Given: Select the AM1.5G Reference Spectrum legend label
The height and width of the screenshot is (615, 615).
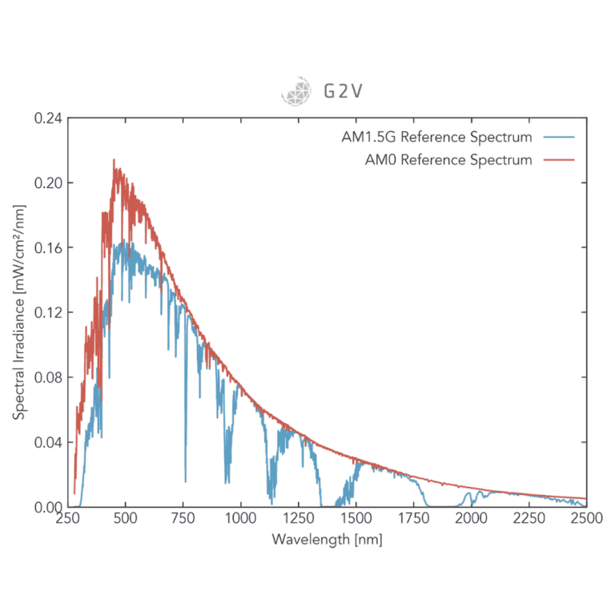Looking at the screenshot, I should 436,137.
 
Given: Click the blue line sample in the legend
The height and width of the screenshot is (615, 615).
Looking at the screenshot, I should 559,137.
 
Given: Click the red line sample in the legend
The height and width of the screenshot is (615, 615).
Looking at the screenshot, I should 559,160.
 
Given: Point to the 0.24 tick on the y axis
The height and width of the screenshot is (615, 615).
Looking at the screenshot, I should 48,118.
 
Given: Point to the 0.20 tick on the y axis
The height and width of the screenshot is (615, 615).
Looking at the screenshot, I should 48,183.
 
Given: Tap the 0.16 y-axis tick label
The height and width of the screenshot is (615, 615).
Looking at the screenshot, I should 48,247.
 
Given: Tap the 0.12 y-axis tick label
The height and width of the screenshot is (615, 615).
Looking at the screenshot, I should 48,312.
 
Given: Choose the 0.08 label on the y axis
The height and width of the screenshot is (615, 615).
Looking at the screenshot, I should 48,377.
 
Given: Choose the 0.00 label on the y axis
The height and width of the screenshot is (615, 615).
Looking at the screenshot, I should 48,507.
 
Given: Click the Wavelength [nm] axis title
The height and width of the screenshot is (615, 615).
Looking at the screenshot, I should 327,539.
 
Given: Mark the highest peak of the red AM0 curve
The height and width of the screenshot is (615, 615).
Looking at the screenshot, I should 114,159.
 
